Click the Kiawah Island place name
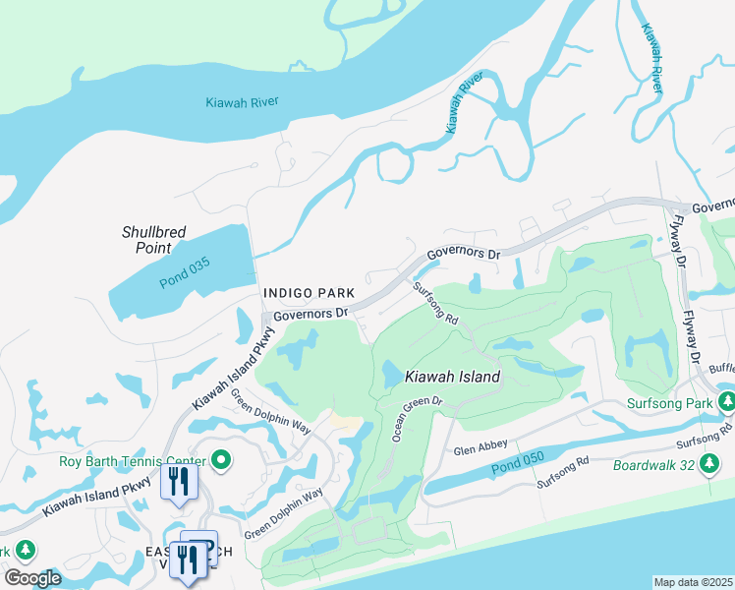pos(453,377)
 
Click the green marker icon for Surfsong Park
pos(727,402)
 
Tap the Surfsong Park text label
pos(670,403)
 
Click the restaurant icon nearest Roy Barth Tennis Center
pos(179,482)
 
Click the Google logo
pos(32,577)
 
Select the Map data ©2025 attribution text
pos(693,582)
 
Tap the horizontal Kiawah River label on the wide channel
pos(242,102)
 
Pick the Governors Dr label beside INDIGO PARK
pos(311,314)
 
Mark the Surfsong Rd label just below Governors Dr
pos(435,304)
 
